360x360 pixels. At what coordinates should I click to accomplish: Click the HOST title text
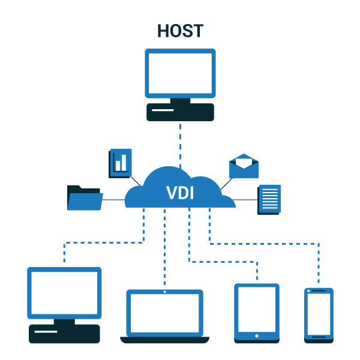tap(180, 31)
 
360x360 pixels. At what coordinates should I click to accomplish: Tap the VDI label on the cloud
tap(180, 193)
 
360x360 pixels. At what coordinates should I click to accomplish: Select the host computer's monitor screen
tap(180, 73)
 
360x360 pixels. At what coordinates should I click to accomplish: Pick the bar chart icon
tap(121, 163)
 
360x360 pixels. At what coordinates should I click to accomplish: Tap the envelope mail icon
tap(244, 166)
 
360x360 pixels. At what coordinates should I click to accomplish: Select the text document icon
tap(269, 199)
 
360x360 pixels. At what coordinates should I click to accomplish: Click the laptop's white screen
tap(164, 313)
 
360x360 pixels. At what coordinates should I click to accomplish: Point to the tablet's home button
tap(257, 336)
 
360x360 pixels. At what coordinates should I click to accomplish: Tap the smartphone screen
tap(319, 314)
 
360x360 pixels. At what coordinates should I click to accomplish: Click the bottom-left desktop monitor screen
tap(64, 292)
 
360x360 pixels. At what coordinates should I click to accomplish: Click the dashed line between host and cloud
tap(180, 144)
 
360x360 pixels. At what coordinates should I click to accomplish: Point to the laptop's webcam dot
tap(164, 292)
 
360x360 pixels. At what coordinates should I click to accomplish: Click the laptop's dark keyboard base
tap(164, 340)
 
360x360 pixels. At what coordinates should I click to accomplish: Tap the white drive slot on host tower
tap(163, 110)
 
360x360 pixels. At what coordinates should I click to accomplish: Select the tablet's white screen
tap(257, 309)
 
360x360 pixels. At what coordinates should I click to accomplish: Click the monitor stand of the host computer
tap(180, 101)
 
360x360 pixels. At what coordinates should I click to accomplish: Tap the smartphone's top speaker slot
tap(319, 290)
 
